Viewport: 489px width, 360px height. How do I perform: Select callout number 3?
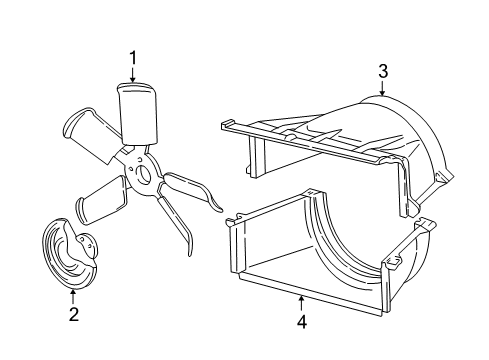pos(382,70)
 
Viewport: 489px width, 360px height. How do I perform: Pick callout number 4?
pos(300,323)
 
